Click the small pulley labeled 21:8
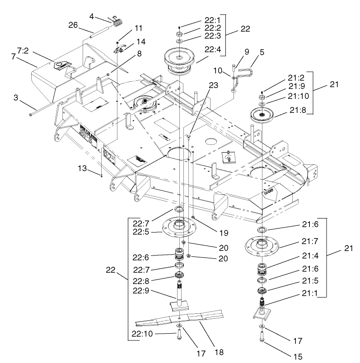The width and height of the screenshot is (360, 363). [x=262, y=115]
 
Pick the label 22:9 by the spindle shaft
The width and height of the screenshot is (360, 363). [x=141, y=291]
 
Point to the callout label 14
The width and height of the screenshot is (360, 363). [x=141, y=41]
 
